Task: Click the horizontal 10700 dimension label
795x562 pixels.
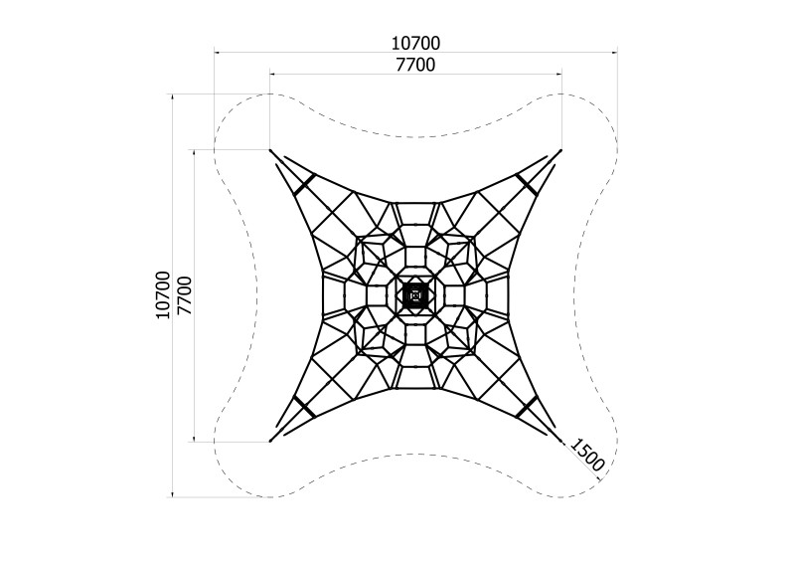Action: click(415, 44)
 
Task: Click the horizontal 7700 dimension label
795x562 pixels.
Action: click(415, 65)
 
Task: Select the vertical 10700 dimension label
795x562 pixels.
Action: click(163, 295)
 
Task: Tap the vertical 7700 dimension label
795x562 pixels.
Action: click(185, 296)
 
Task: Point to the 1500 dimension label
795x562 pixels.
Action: click(587, 455)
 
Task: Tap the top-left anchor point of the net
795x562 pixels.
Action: click(270, 150)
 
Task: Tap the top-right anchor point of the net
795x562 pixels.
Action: click(560, 150)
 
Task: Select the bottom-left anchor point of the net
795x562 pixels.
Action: click(270, 442)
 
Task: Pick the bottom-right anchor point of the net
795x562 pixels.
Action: click(560, 442)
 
